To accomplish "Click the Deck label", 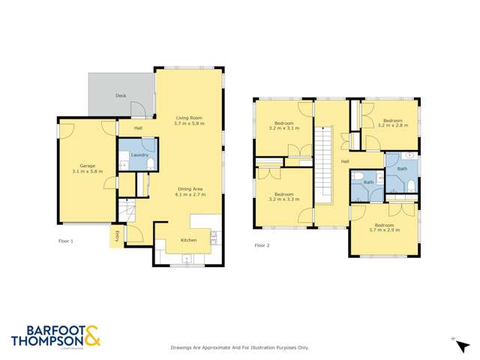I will tap(120, 96).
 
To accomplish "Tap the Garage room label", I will tap(85, 166).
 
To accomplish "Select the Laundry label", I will tap(139, 154).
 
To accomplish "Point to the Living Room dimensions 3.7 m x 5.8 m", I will tap(189, 123).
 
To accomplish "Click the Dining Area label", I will tap(190, 188).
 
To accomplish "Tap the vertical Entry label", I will tap(117, 236).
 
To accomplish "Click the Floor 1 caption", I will tap(66, 241).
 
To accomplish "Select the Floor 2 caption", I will tap(262, 245).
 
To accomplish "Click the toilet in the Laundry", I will tap(149, 164).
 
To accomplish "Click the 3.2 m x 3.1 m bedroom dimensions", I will tap(283, 128).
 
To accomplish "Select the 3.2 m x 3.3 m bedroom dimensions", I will tap(283, 199).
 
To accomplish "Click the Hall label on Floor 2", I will tap(345, 161).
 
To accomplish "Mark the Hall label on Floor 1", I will tap(139, 128).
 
